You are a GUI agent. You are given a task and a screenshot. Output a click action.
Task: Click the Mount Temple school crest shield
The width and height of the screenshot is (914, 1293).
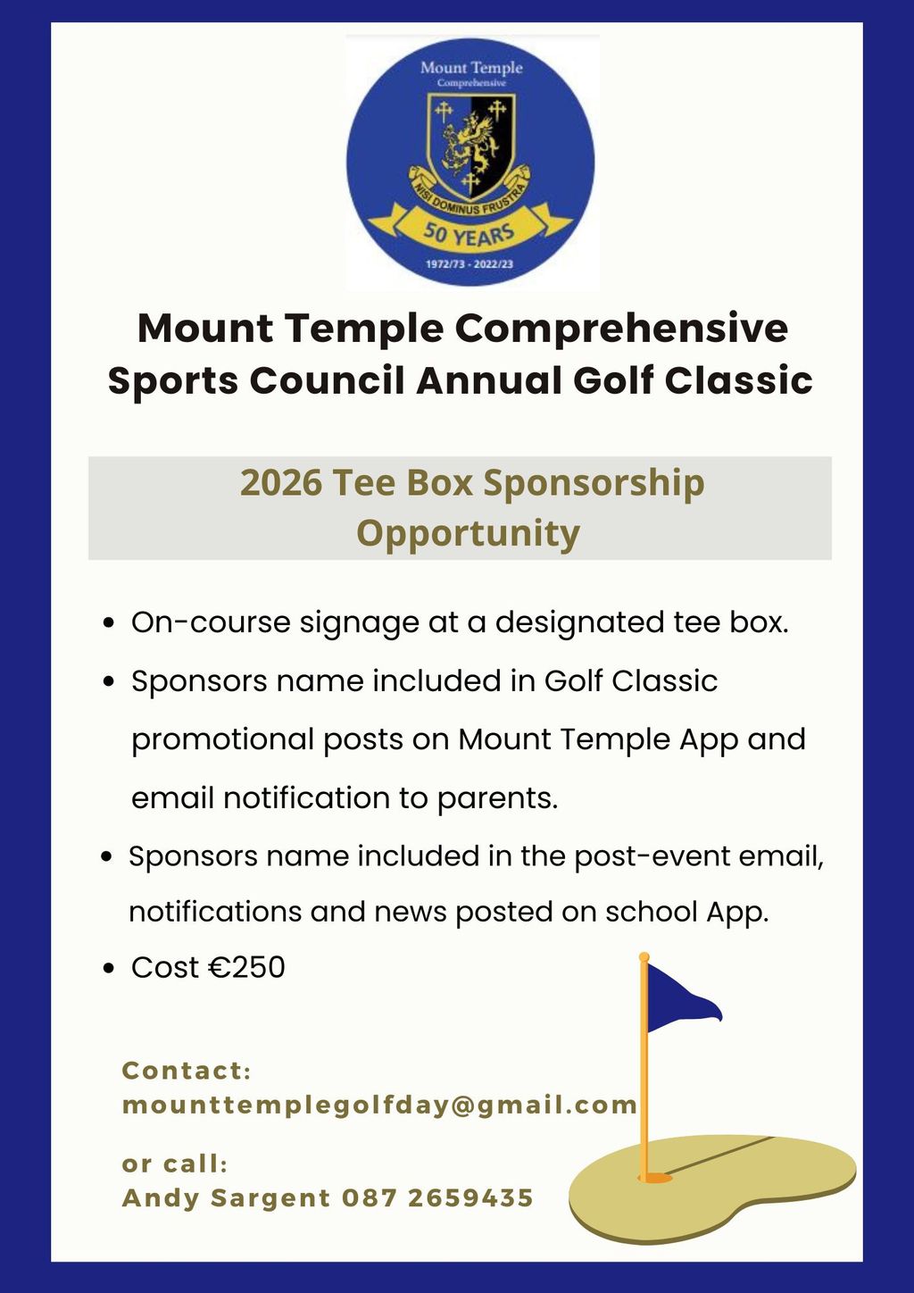tap(469, 148)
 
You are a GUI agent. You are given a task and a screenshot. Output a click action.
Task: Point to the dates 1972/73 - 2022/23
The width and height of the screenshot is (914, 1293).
tap(469, 265)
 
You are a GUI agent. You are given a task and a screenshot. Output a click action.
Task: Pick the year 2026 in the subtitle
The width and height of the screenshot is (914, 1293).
tap(281, 483)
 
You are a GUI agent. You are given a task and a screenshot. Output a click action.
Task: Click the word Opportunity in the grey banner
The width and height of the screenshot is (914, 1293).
tap(469, 534)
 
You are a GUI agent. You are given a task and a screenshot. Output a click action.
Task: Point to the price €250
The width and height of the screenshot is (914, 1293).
tap(246, 967)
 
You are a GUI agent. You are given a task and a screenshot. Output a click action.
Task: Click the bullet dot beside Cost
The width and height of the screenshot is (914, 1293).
tap(108, 968)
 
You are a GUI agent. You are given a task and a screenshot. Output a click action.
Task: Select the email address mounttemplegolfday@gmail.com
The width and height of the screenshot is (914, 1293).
tap(379, 1105)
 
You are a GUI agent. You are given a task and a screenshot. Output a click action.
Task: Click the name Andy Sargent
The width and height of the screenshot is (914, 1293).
tap(226, 1197)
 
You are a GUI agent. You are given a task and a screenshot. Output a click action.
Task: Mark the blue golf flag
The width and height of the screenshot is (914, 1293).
tap(679, 997)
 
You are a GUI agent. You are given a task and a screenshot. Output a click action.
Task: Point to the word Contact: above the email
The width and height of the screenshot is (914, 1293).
tap(187, 1071)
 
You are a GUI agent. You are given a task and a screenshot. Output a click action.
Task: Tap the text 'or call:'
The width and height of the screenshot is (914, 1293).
tap(175, 1164)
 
